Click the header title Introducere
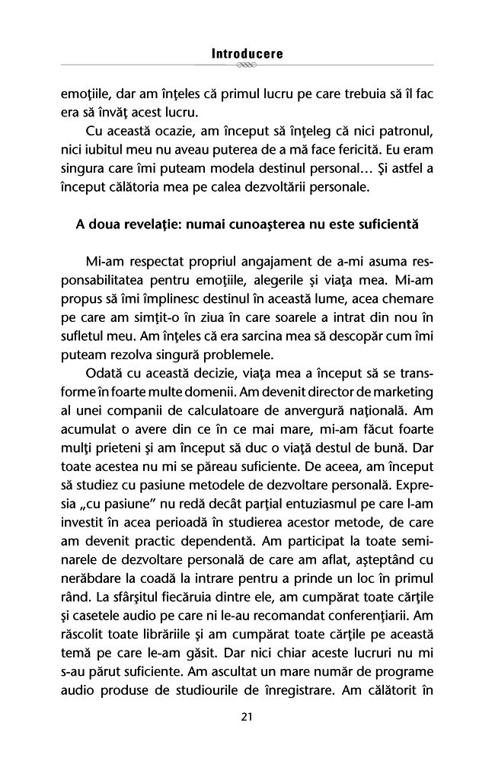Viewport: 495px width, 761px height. click(247, 54)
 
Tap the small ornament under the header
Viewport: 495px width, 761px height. click(247, 66)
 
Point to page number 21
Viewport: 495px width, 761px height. click(246, 716)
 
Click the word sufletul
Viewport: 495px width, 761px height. click(86, 341)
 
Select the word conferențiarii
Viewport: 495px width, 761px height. click(368, 629)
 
